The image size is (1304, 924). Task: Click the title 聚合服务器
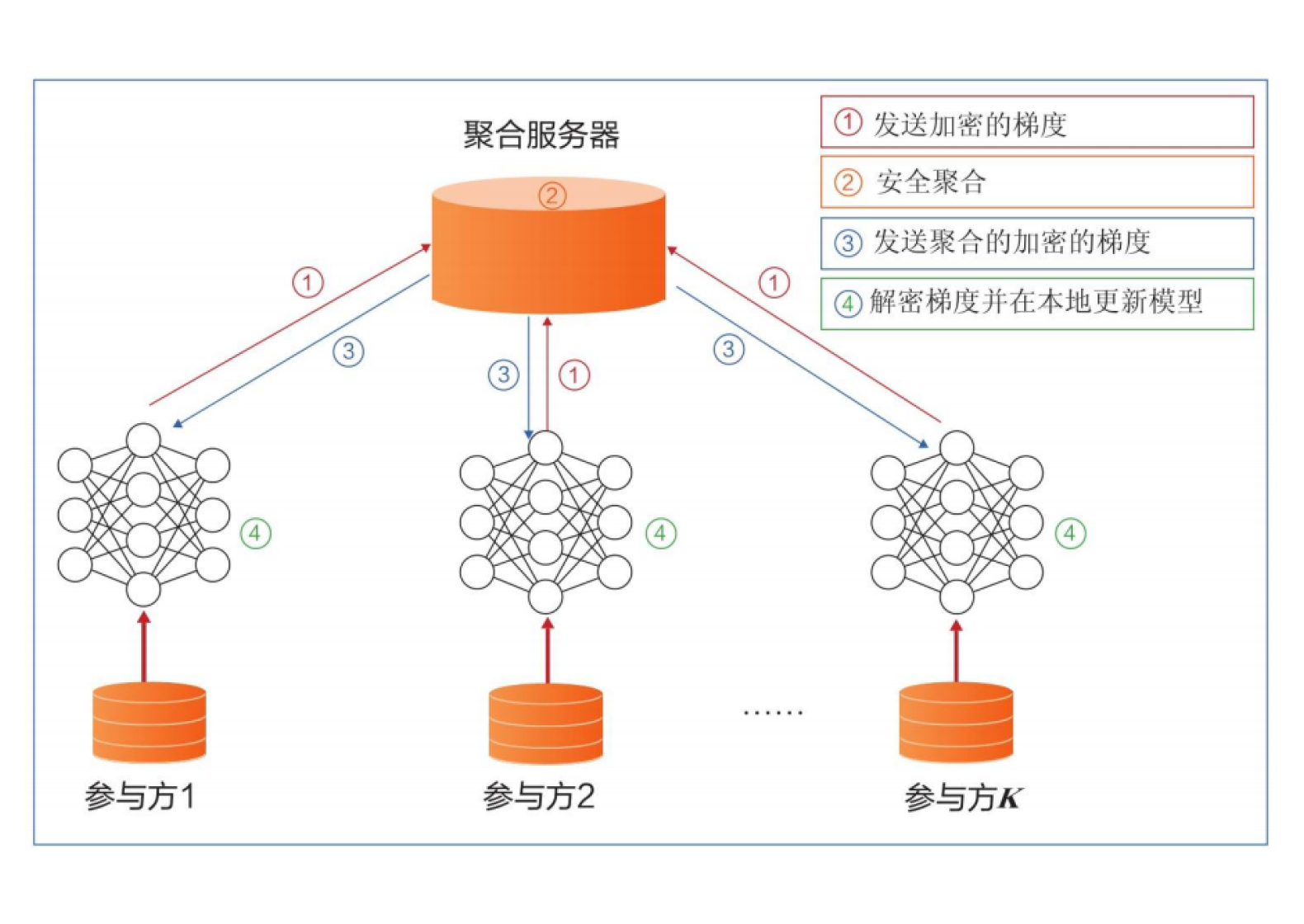tap(541, 134)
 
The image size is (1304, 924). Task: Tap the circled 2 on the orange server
tap(552, 196)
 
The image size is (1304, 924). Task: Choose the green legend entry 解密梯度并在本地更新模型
tap(1036, 303)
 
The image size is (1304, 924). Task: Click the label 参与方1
tap(140, 796)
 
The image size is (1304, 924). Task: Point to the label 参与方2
tap(539, 796)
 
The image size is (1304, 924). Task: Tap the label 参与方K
tap(962, 798)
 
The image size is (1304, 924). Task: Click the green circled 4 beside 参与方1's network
tap(255, 534)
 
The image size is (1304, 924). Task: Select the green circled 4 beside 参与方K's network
tap(1070, 533)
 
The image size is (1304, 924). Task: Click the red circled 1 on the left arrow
tap(308, 283)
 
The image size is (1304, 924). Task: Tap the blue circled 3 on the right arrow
tap(728, 349)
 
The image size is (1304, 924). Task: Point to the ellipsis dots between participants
tap(772, 712)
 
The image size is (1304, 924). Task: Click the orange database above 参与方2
tap(546, 724)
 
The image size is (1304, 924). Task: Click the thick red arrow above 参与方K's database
tap(957, 651)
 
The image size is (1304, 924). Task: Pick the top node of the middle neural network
tap(546, 448)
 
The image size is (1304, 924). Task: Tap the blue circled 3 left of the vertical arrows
tap(503, 375)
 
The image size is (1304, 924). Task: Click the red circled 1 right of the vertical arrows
tap(574, 375)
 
